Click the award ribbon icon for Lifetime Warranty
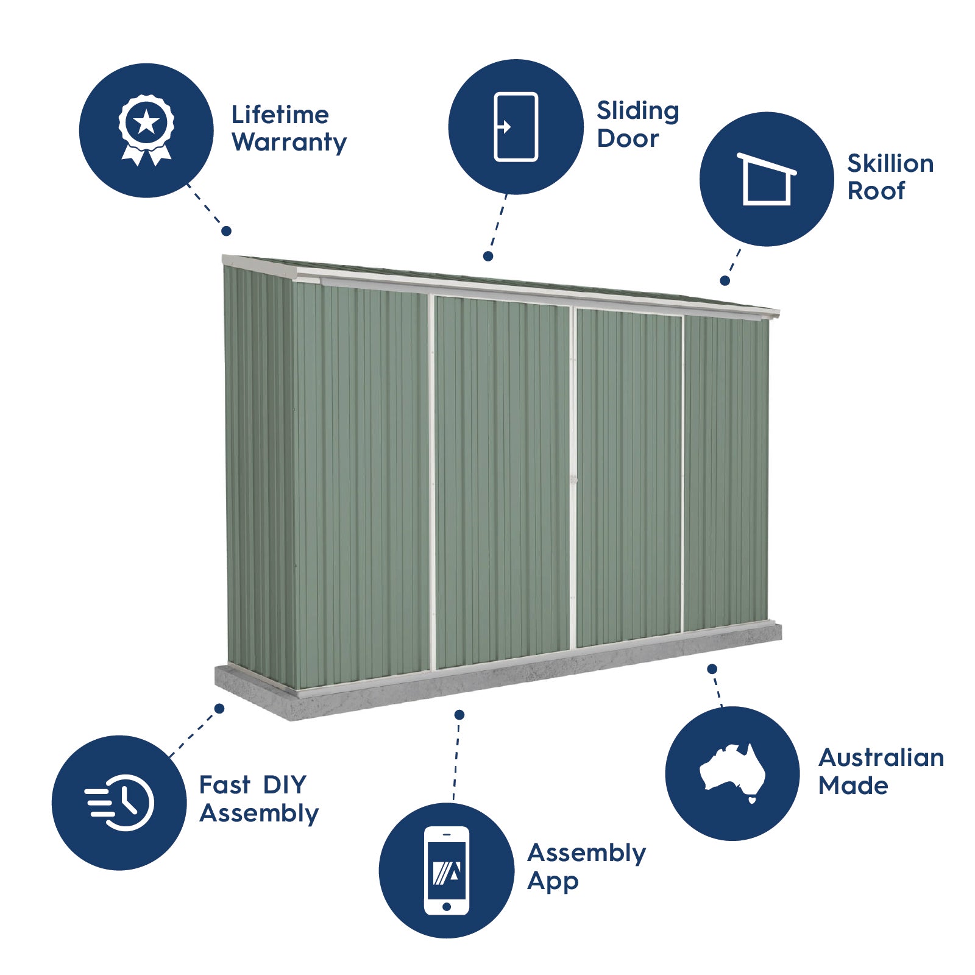click(146, 130)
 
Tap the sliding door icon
click(516, 127)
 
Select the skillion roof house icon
click(767, 179)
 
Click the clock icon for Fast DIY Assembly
click(121, 803)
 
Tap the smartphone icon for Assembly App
click(447, 870)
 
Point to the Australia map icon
click(732, 773)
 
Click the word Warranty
click(289, 143)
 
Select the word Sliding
click(637, 112)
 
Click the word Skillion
click(890, 163)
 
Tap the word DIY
click(285, 785)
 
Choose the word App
click(552, 881)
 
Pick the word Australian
click(881, 757)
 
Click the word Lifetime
click(280, 115)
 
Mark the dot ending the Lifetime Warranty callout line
click(227, 231)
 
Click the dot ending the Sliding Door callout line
click(488, 257)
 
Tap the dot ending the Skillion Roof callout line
click(725, 281)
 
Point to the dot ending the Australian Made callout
click(712, 669)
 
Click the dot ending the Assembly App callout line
click(459, 715)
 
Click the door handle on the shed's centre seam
click(573, 480)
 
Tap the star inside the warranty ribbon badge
click(146, 122)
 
